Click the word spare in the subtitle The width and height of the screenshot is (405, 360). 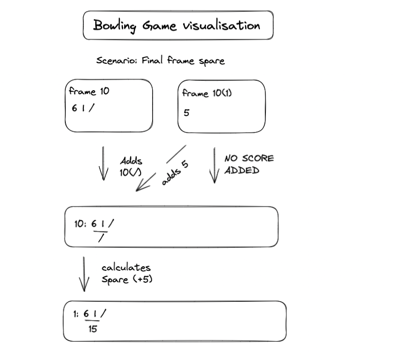click(x=211, y=61)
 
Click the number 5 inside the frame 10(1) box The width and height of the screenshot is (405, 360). click(x=187, y=113)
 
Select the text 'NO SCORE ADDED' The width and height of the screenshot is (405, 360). click(x=248, y=164)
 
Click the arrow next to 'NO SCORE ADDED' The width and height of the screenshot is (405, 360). click(x=215, y=165)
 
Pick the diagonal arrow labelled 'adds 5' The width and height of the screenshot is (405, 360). click(x=161, y=168)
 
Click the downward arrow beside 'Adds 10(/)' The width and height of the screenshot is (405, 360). click(x=103, y=163)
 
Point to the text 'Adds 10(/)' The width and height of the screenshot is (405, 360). click(x=131, y=166)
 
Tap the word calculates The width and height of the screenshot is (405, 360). click(x=126, y=268)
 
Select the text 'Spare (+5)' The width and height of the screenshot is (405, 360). click(x=127, y=279)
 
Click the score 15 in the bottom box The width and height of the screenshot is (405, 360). click(x=93, y=329)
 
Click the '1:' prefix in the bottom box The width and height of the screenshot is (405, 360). click(x=75, y=314)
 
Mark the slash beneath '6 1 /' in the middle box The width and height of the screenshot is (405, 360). click(x=101, y=239)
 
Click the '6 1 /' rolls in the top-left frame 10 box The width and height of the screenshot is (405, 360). click(x=82, y=109)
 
